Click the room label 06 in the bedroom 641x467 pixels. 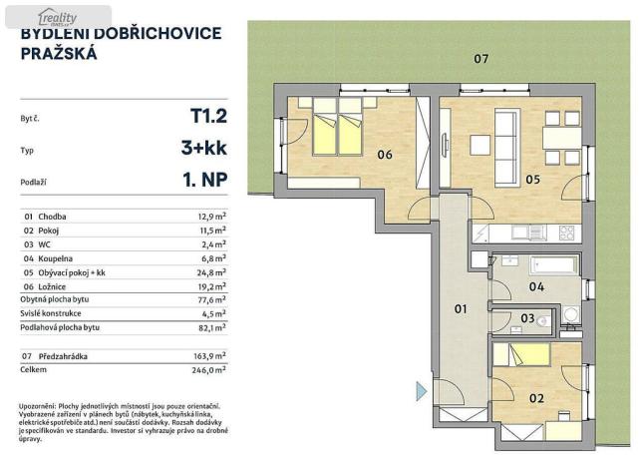384,154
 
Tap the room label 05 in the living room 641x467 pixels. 532,180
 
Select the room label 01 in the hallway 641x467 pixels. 461,309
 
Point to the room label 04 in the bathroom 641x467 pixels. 536,287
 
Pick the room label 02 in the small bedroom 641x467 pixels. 536,399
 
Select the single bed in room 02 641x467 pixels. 524,355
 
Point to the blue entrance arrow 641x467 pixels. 421,388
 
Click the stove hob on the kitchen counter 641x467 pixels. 566,233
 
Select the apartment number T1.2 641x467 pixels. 208,116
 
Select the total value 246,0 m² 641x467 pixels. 210,368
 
